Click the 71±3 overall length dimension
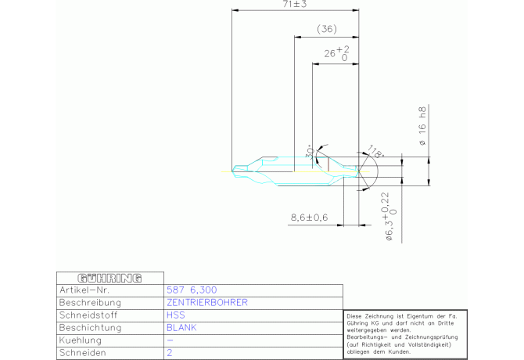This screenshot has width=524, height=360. coord(294,5)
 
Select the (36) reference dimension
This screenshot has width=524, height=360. coord(326,29)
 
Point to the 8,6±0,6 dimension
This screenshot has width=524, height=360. coord(309,217)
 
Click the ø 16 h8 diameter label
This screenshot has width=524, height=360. coord(423,127)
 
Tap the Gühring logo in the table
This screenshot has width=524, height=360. coord(109,278)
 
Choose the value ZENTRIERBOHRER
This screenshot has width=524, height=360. coord(207,302)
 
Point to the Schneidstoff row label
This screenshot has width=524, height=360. coord(88,315)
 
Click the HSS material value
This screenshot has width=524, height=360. coord(176,315)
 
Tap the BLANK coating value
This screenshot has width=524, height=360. coord(181,328)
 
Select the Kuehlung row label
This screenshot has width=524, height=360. coord(81,341)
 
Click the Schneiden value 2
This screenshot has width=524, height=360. coord(170,354)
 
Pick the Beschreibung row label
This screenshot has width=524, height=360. coord(91,302)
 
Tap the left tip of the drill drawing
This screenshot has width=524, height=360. coord(235,168)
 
